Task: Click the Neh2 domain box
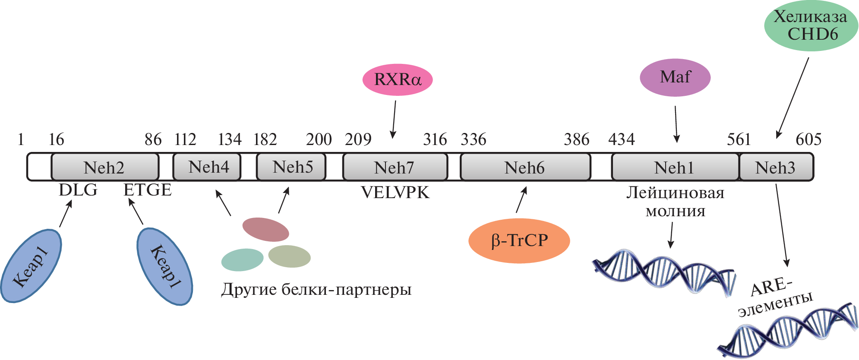click(x=104, y=167)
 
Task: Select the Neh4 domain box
click(x=207, y=167)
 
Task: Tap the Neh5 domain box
click(x=291, y=167)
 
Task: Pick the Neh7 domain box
click(x=395, y=167)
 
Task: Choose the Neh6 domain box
click(x=525, y=167)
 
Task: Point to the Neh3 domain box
click(x=776, y=167)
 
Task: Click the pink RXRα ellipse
click(x=397, y=79)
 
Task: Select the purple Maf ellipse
click(x=675, y=77)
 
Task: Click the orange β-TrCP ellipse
click(x=519, y=240)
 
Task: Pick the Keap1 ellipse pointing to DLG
click(x=31, y=266)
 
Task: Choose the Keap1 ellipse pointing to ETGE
click(x=164, y=267)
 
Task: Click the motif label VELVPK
click(x=395, y=193)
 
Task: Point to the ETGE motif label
click(x=148, y=190)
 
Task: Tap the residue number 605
click(x=808, y=139)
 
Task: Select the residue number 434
click(x=621, y=139)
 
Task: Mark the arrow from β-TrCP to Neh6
click(x=521, y=199)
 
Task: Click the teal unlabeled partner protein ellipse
click(x=242, y=260)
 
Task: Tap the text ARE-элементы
click(x=774, y=297)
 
